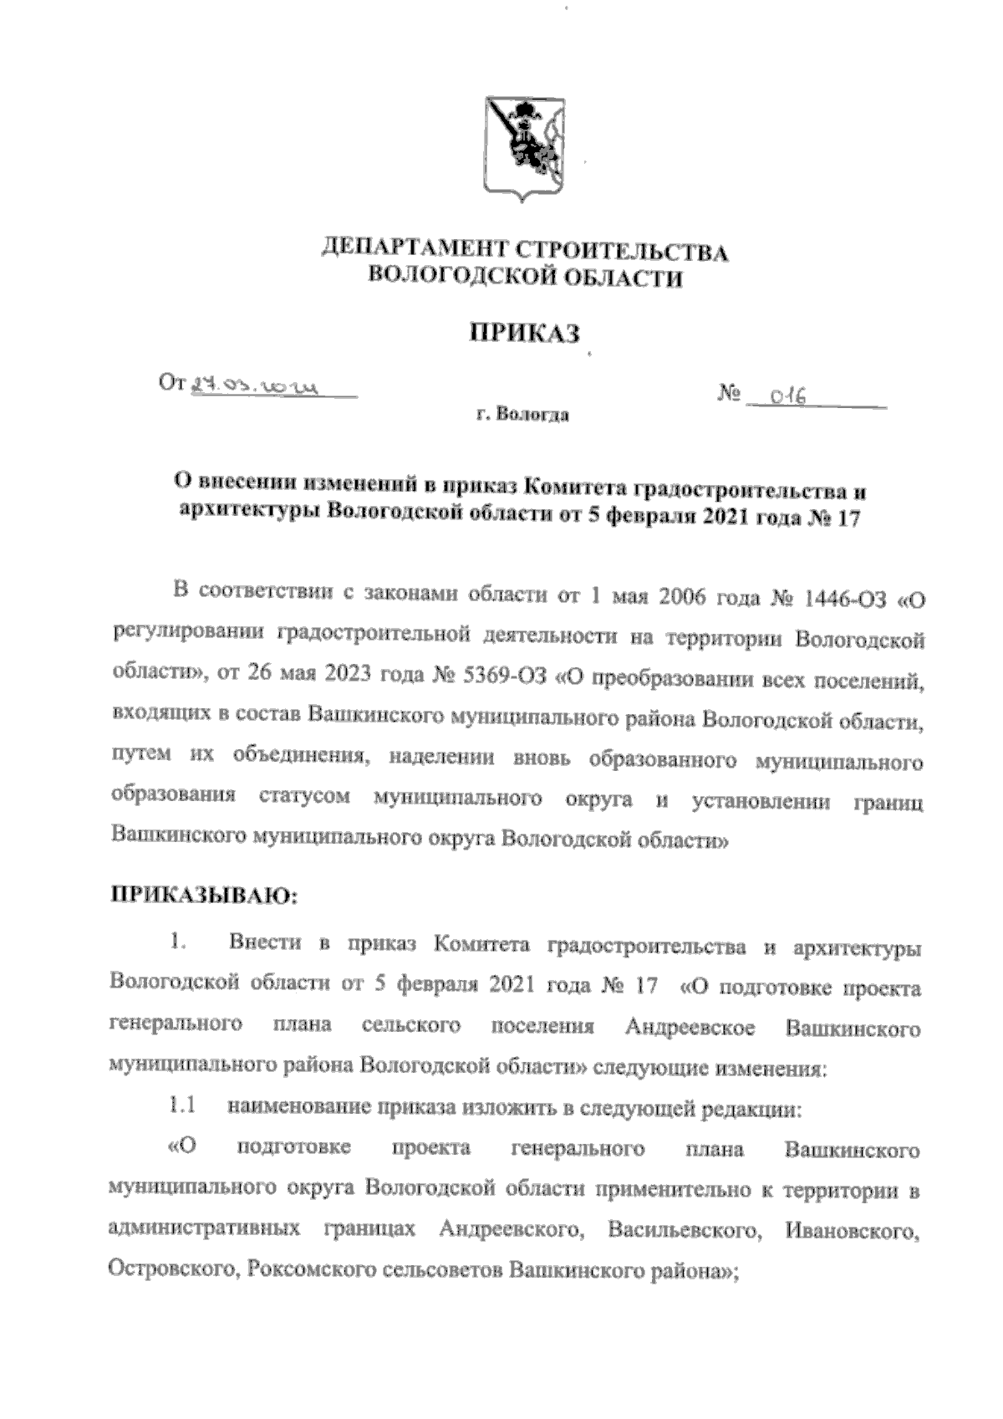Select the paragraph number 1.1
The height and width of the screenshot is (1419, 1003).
click(x=181, y=1108)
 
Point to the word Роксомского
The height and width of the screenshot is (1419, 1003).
click(x=312, y=1271)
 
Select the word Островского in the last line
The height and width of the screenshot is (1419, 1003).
click(x=165, y=1271)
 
